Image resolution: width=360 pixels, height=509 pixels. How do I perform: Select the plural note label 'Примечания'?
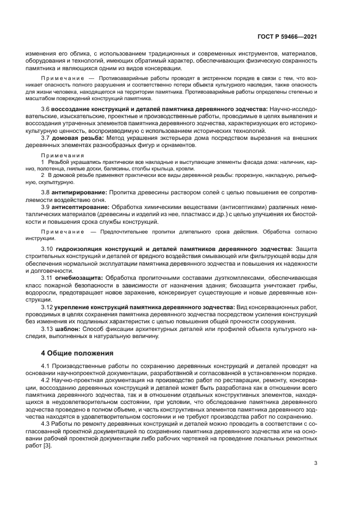57,155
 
